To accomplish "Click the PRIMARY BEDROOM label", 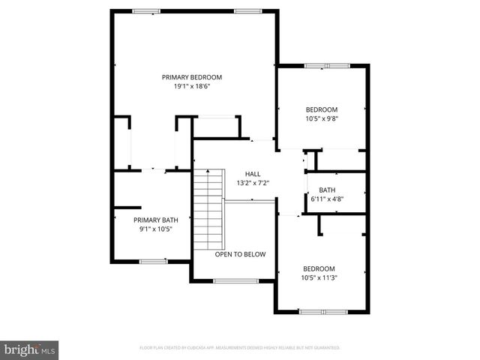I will point(192,76).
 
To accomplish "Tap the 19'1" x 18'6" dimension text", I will point(192,86).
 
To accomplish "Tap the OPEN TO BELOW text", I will point(240,254).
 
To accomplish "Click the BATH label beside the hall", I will point(327,190).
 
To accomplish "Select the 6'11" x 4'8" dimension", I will point(327,199).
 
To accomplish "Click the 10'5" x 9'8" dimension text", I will point(322,118).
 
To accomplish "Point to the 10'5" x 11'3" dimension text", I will point(319,278).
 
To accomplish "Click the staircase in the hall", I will point(209,210).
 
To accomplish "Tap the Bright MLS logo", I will point(30,349).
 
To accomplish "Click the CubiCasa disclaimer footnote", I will point(240,348).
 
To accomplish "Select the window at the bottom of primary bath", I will point(153,261).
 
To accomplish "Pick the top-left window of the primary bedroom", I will point(146,10).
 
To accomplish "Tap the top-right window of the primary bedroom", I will point(247,10).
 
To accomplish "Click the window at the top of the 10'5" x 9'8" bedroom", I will point(327,66).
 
